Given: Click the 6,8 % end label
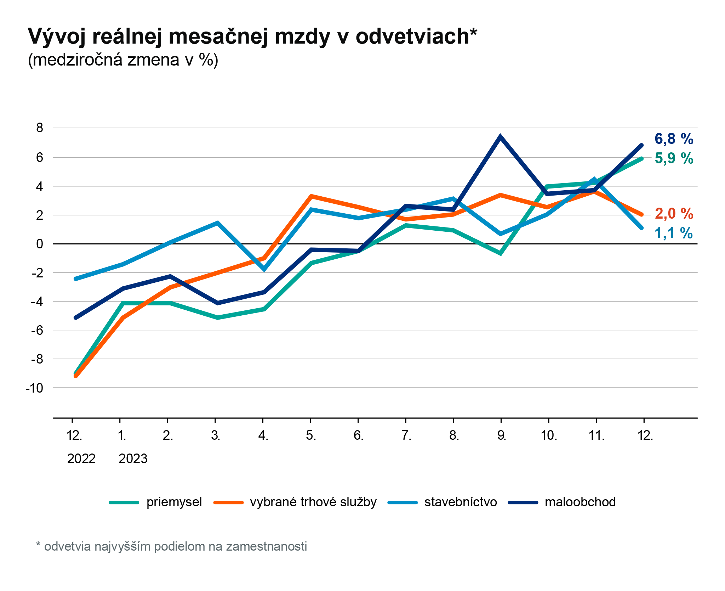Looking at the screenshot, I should pos(674,139).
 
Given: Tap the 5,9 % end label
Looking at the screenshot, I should pos(674,158).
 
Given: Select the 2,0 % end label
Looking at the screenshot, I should pos(674,214).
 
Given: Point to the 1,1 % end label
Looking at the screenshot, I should pos(674,233).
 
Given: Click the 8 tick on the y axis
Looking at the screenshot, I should pos(40,128).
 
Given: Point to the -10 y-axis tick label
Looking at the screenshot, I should pos(35,388).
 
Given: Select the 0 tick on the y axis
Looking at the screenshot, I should pos(40,244).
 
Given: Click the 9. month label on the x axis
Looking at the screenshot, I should pos(501,435).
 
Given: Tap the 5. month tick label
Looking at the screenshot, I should pos(311,435).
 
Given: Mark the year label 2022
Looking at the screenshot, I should pos(81,458).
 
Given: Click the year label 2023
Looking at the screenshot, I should pos(133,458).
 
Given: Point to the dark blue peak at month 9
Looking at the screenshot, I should pos(500,137).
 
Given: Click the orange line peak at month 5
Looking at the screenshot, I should pos(311,196).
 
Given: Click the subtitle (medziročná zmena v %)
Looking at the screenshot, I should pos(123,60).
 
